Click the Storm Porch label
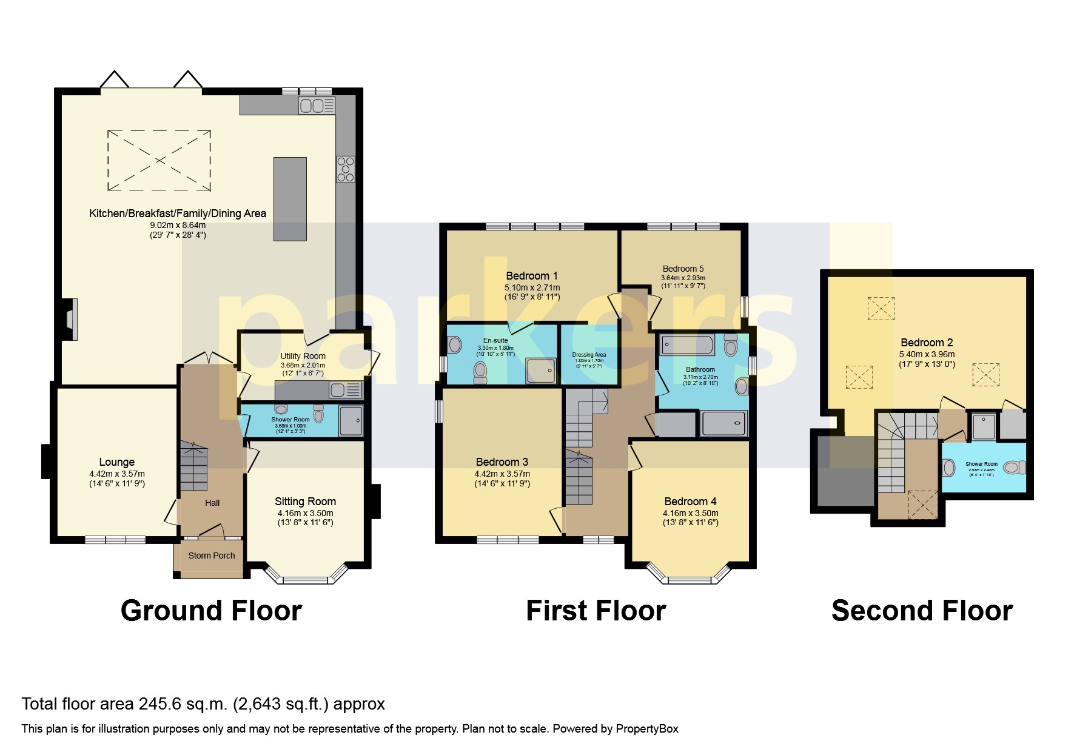click(211, 556)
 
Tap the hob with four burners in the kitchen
click(346, 169)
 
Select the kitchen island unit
click(290, 199)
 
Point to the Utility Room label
click(303, 356)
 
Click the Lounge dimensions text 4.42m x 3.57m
click(116, 474)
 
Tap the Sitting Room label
click(305, 502)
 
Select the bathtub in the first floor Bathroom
click(688, 346)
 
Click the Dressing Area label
click(588, 355)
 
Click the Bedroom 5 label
click(683, 269)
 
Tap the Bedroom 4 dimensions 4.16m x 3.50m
click(690, 513)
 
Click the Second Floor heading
click(922, 611)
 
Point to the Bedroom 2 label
click(922, 343)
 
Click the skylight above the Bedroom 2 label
click(881, 307)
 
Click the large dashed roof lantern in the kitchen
click(159, 160)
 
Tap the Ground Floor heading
click(211, 611)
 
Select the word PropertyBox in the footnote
click(646, 729)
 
